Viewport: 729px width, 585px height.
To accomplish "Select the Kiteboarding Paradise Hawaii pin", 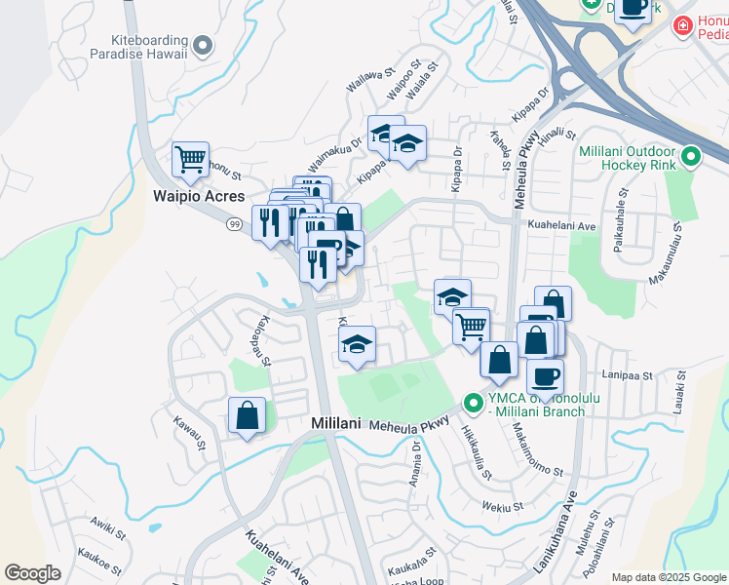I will pyautogui.click(x=203, y=44).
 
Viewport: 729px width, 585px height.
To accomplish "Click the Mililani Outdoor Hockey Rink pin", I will pyautogui.click(x=691, y=156).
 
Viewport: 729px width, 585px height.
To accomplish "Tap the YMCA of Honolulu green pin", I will pyautogui.click(x=474, y=402).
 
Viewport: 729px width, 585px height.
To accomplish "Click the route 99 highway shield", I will pyautogui.click(x=235, y=224).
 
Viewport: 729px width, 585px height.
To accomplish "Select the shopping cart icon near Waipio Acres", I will pyautogui.click(x=190, y=159).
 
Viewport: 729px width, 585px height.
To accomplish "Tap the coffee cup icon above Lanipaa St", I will pyautogui.click(x=545, y=375).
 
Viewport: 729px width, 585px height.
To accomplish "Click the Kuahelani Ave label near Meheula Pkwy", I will pyautogui.click(x=560, y=224).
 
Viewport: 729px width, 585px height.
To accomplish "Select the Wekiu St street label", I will pyautogui.click(x=503, y=506).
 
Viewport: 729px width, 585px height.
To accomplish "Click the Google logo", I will pyautogui.click(x=32, y=573).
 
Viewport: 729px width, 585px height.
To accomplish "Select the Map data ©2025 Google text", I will pyautogui.click(x=669, y=577).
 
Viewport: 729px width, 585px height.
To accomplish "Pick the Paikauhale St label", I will pyautogui.click(x=617, y=230).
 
